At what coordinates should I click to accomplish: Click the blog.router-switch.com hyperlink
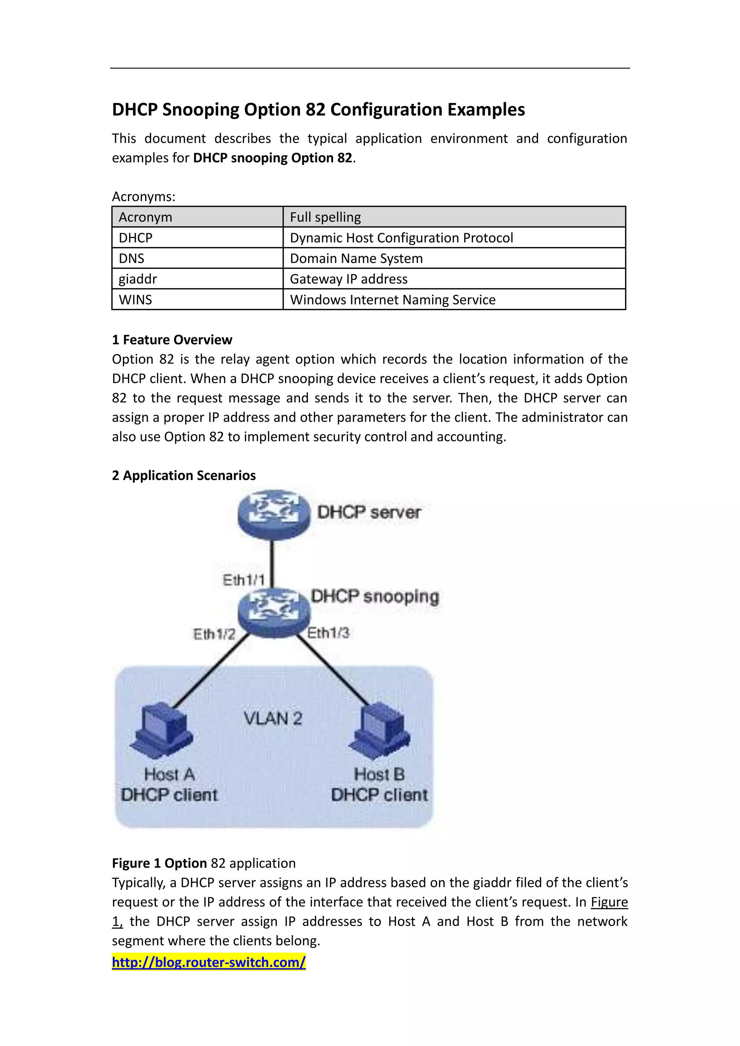click(x=209, y=962)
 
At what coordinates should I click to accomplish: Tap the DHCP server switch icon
click(x=274, y=514)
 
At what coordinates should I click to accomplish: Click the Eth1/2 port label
click(x=214, y=634)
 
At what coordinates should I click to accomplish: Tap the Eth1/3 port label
click(x=328, y=632)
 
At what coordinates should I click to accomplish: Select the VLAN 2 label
click(x=272, y=718)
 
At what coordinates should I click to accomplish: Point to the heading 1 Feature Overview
click(x=172, y=340)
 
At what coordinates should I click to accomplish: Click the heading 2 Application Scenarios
click(x=184, y=475)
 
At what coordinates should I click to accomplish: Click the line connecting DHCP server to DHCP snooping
click(x=272, y=563)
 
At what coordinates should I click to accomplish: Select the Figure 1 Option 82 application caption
click(x=204, y=863)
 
